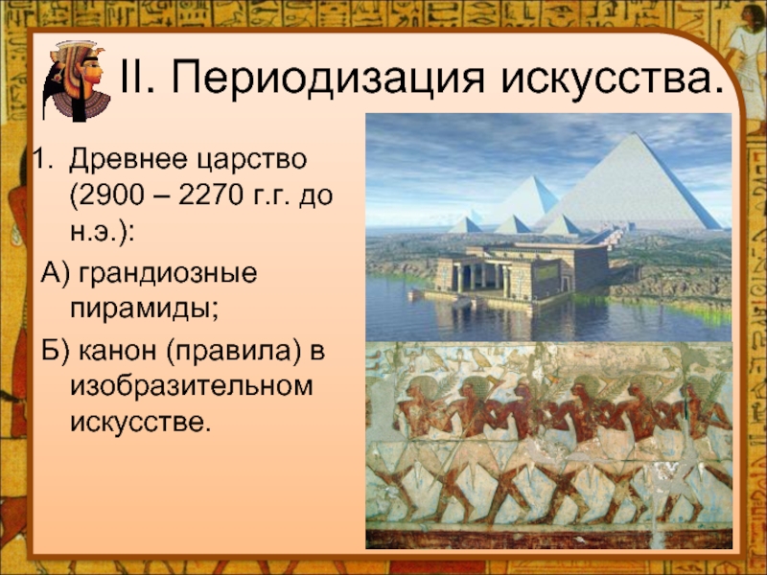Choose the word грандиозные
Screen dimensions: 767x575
[167, 274]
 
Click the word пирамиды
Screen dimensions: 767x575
[145, 310]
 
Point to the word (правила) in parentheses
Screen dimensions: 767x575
[233, 352]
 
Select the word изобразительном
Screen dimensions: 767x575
[191, 386]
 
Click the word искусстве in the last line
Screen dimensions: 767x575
[140, 423]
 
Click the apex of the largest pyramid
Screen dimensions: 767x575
[635, 133]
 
